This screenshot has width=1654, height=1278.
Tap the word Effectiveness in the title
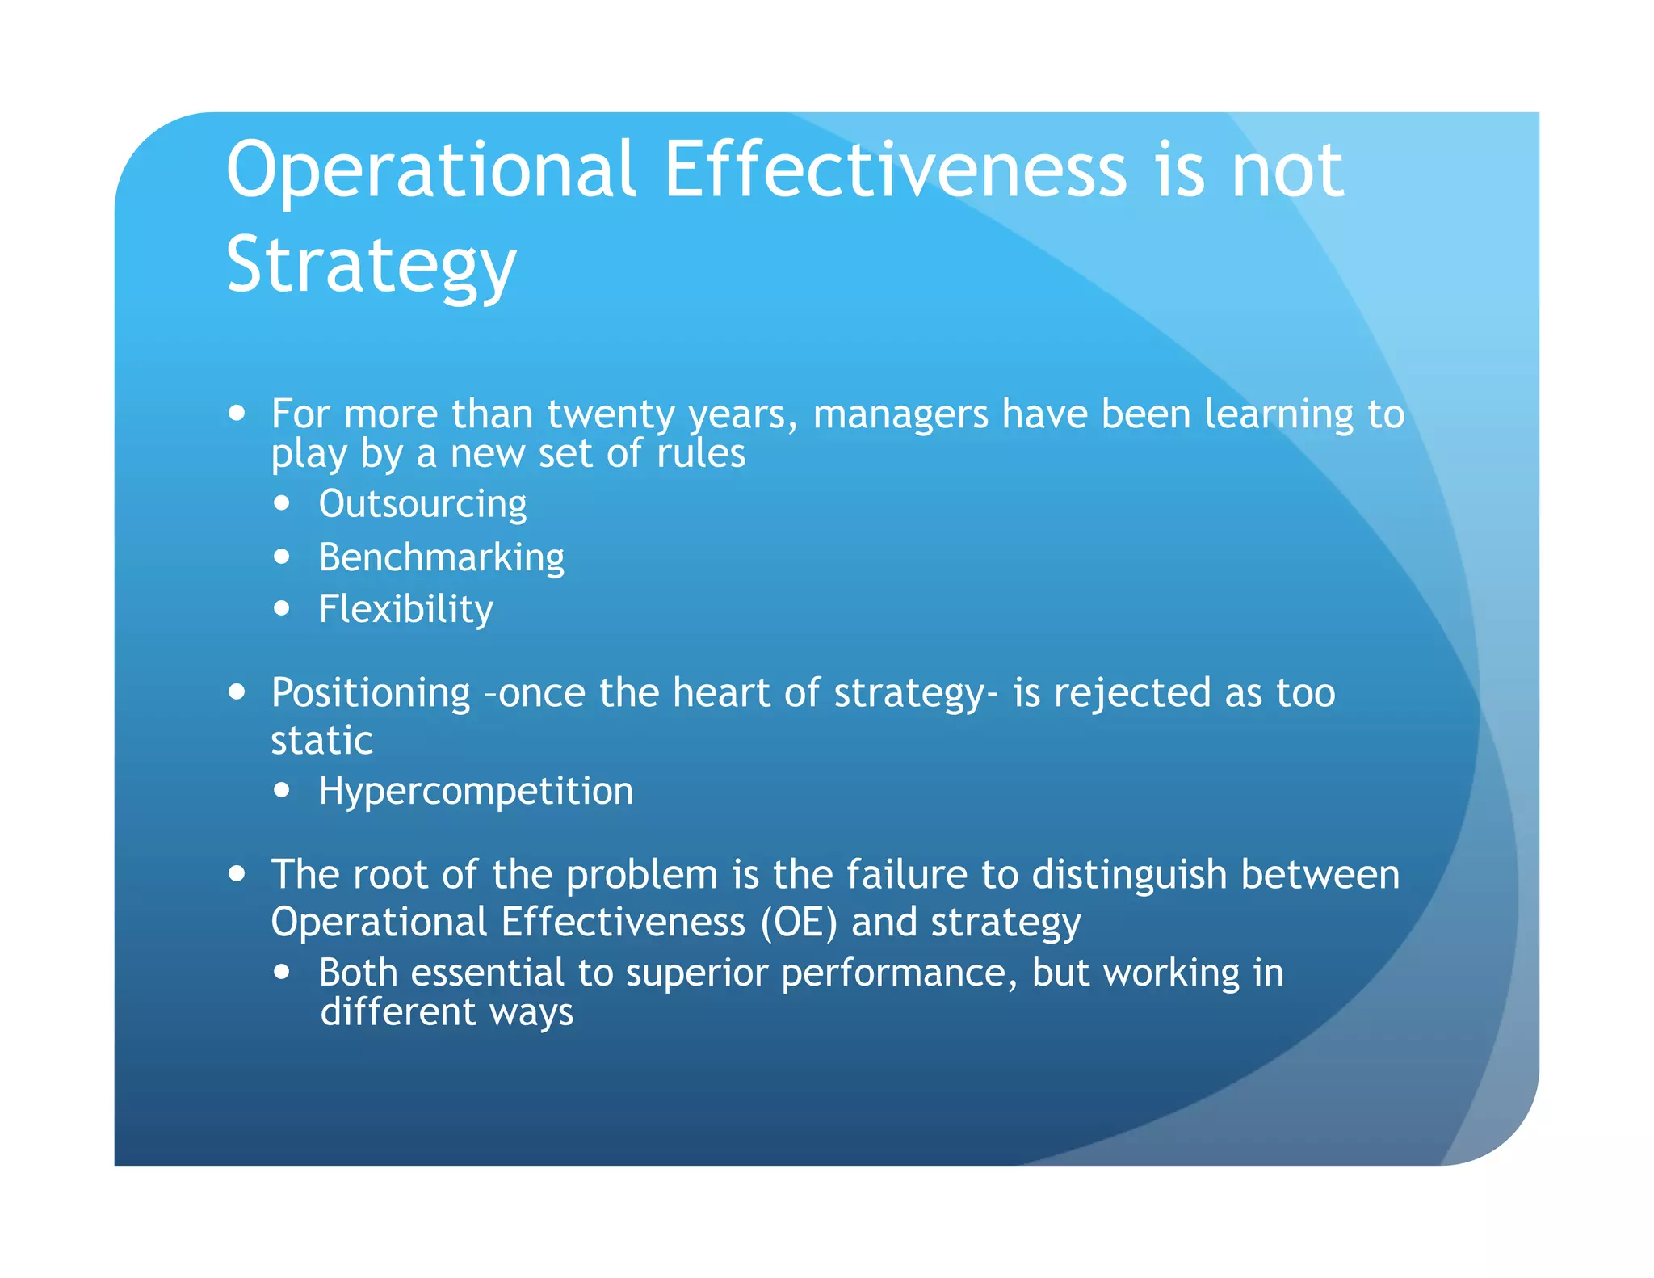895,170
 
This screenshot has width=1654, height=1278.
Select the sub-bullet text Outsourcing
422,504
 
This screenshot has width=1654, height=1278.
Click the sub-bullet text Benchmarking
441,557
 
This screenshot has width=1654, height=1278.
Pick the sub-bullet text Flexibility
405,609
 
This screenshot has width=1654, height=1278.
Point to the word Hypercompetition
476,791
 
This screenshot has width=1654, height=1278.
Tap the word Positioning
371,693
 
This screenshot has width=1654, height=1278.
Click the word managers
900,414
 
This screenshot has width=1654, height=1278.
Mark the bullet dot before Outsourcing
281,503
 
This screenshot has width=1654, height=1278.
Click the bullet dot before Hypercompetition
281,790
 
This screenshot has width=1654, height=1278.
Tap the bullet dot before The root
237,873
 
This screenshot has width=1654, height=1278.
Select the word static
321,741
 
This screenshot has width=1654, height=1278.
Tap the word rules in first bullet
700,453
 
